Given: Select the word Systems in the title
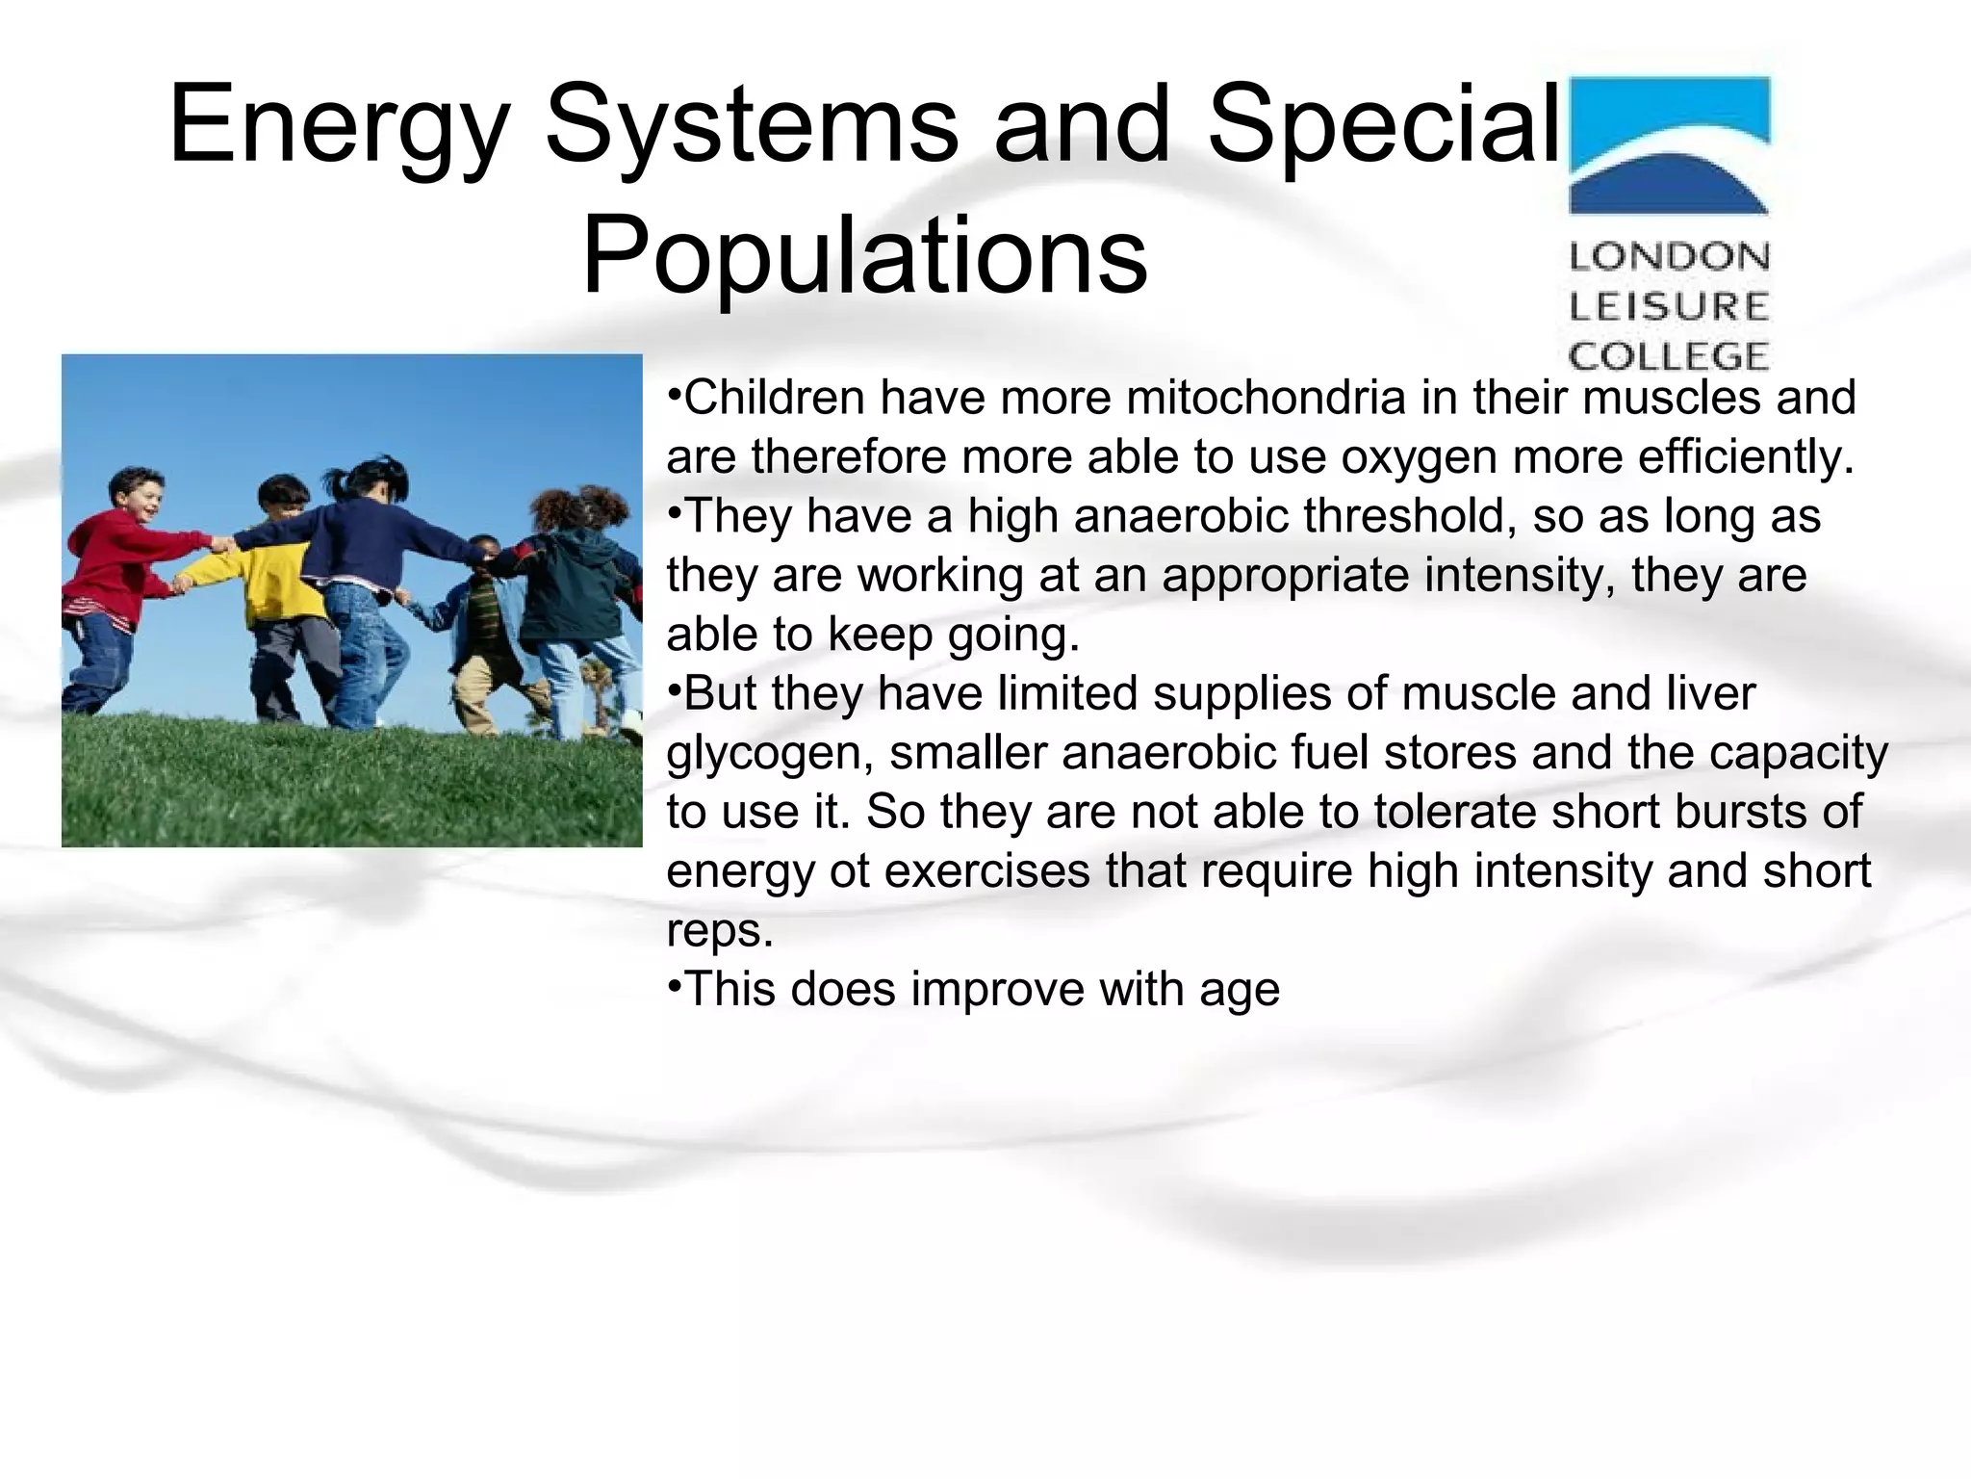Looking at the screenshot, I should coord(751,125).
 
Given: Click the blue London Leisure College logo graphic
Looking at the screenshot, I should coord(1669,144).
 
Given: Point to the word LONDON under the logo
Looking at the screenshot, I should coord(1669,257).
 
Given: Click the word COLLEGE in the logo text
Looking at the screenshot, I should coord(1669,357).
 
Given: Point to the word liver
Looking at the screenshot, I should coord(1704,693).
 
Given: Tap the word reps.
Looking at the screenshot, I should coord(719,930).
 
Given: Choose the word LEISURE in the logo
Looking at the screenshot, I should coord(1669,307).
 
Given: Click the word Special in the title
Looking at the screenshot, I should coord(1382,125).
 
